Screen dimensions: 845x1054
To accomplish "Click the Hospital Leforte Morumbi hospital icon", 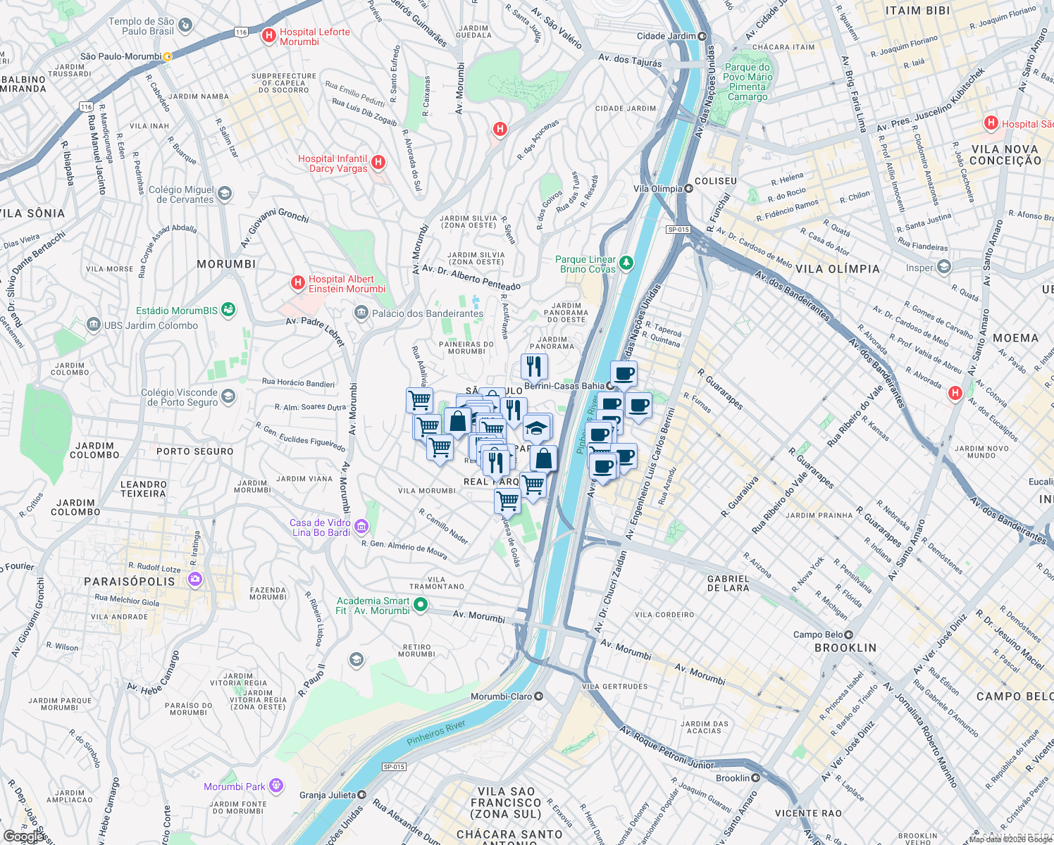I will (x=268, y=36).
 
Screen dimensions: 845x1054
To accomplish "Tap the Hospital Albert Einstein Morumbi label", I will (x=347, y=284).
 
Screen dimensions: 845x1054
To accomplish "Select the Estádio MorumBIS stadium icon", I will (x=228, y=310).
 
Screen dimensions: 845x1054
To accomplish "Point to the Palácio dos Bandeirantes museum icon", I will (x=361, y=313).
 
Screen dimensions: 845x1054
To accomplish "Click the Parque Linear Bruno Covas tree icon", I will (x=626, y=263).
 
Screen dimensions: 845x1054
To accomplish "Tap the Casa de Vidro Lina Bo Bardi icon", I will (x=361, y=526).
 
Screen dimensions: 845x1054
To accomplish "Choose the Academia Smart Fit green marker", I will (x=421, y=604).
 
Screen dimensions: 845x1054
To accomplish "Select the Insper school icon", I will (x=944, y=267).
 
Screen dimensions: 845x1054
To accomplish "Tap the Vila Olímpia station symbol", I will (x=688, y=189).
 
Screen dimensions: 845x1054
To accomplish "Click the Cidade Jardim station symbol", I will (x=702, y=36).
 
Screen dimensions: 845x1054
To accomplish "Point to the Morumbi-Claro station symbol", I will (x=539, y=696).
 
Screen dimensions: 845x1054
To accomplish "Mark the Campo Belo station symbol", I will (x=849, y=634).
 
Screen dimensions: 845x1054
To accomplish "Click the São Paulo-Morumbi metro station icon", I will (x=167, y=56).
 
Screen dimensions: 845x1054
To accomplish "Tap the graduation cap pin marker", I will (x=536, y=427).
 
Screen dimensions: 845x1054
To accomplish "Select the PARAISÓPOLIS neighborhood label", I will (x=130, y=582).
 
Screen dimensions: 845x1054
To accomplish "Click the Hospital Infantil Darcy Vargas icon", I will (x=378, y=163).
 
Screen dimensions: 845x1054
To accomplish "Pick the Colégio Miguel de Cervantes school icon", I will (x=225, y=194).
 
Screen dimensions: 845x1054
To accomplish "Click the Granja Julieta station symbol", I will (x=362, y=794).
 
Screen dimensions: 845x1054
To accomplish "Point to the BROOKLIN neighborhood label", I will (x=845, y=648).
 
